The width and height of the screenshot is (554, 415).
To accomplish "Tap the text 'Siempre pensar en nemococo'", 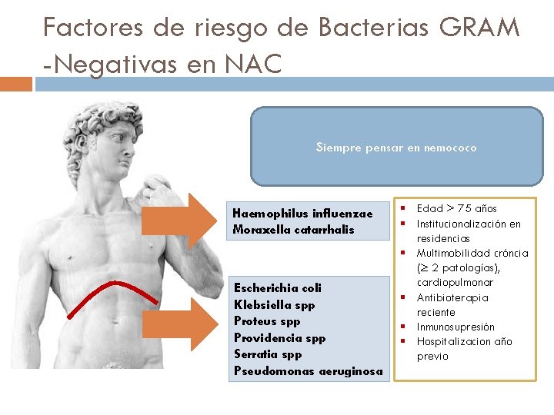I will click(x=396, y=148).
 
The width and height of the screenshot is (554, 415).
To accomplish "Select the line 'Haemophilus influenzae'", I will click(x=302, y=213).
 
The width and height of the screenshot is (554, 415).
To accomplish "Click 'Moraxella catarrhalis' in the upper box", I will click(x=293, y=230).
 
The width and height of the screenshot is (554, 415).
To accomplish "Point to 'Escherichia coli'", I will click(x=278, y=287).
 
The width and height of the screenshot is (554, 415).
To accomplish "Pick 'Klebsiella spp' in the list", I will click(x=274, y=304).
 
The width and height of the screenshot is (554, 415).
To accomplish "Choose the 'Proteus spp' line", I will click(x=266, y=321).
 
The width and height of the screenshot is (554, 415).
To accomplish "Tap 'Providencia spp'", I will click(x=279, y=338).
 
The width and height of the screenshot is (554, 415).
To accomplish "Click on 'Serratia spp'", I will click(x=268, y=354).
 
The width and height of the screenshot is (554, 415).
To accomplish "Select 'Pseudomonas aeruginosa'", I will click(x=308, y=371).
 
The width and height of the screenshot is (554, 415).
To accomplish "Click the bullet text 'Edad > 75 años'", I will click(x=456, y=208).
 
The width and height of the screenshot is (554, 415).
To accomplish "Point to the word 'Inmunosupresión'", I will click(x=456, y=327).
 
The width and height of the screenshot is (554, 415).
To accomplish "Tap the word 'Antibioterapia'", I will click(x=452, y=297).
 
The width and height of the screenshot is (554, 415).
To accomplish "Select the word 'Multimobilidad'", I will click(x=453, y=253).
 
